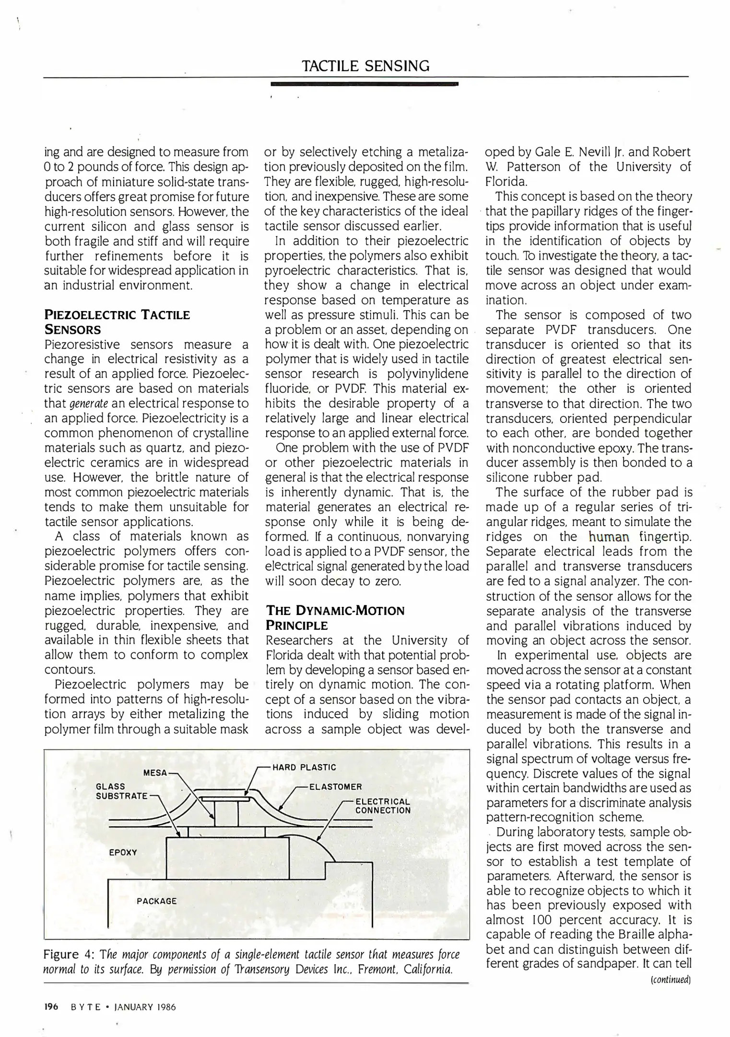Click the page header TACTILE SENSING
coord(365,66)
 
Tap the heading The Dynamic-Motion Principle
coord(335,618)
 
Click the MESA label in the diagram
coord(155,773)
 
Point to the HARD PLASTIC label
coord(304,767)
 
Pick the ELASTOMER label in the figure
coord(335,787)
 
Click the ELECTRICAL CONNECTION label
coord(383,806)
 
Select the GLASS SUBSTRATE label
coord(121,791)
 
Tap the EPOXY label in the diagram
coord(123,852)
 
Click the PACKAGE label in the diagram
coord(156,901)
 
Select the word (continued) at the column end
coord(670,979)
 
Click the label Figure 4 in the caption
coord(63,954)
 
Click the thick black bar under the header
coord(365,84)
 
